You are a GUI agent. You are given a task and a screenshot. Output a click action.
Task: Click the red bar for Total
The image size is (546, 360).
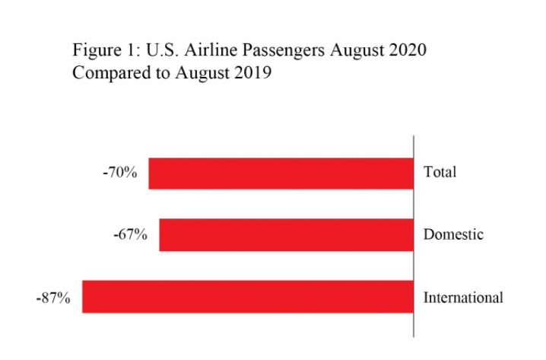tap(281, 173)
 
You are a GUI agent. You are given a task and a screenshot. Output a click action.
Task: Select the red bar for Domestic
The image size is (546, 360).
tap(286, 234)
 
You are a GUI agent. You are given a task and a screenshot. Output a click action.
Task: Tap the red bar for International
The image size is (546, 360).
tap(248, 297)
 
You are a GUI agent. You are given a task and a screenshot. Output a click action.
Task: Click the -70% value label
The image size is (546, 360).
tap(119, 173)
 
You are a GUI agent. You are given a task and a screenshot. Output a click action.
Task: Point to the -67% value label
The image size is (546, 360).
tap(130, 234)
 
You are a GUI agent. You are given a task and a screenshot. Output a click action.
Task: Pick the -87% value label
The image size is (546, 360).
tap(53, 297)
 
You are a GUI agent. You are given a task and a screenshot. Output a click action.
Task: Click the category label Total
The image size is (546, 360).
tap(440, 172)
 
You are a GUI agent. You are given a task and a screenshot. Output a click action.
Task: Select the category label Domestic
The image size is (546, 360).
tap(453, 234)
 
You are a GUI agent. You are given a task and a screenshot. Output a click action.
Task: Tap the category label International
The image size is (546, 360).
tap(463, 297)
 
